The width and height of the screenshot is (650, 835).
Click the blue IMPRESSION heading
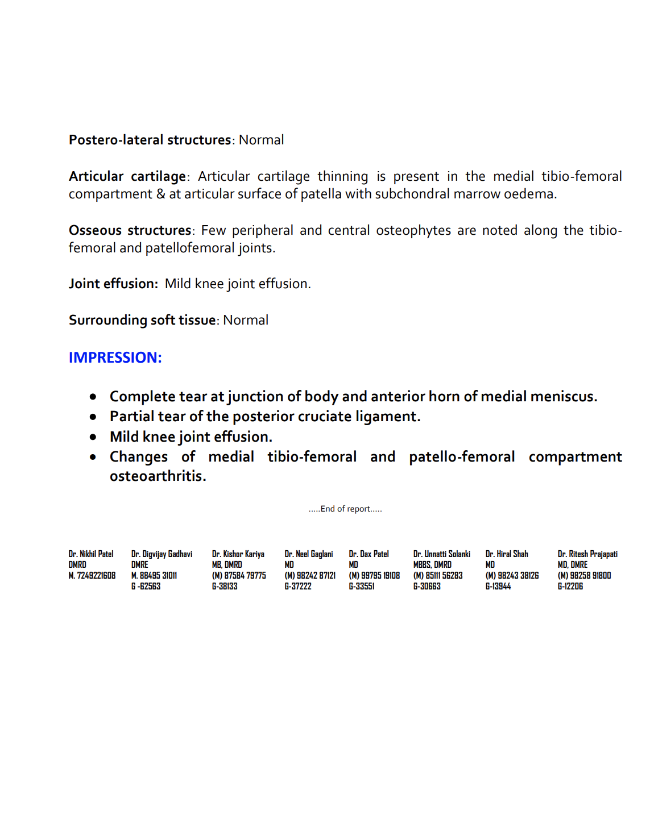pyautogui.click(x=115, y=358)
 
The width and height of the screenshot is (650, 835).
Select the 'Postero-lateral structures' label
pyautogui.click(x=150, y=140)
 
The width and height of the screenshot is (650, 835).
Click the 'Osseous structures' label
pyautogui.click(x=130, y=230)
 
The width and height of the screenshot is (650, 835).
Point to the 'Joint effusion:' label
pyautogui.click(x=113, y=284)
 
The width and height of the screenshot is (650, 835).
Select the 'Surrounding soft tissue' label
pyautogui.click(x=142, y=320)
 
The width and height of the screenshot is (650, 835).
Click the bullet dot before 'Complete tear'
pyautogui.click(x=93, y=397)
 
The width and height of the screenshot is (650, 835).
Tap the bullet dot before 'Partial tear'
pyautogui.click(x=93, y=417)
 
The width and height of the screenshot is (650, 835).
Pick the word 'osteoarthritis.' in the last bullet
pyautogui.click(x=158, y=476)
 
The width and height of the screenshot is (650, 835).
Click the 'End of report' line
pyautogui.click(x=345, y=509)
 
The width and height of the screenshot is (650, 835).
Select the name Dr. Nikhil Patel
pyautogui.click(x=91, y=554)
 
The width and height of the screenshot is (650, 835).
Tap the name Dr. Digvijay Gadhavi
pyautogui.click(x=162, y=554)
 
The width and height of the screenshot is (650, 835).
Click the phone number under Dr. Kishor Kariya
pyautogui.click(x=239, y=575)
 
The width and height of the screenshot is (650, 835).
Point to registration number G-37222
pyautogui.click(x=298, y=586)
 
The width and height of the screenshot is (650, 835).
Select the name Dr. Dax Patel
pyautogui.click(x=369, y=554)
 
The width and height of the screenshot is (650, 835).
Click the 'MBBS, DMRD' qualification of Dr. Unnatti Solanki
pyautogui.click(x=432, y=564)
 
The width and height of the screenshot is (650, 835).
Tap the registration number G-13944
pyautogui.click(x=498, y=586)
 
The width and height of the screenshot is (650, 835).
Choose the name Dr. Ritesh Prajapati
pyautogui.click(x=587, y=554)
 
